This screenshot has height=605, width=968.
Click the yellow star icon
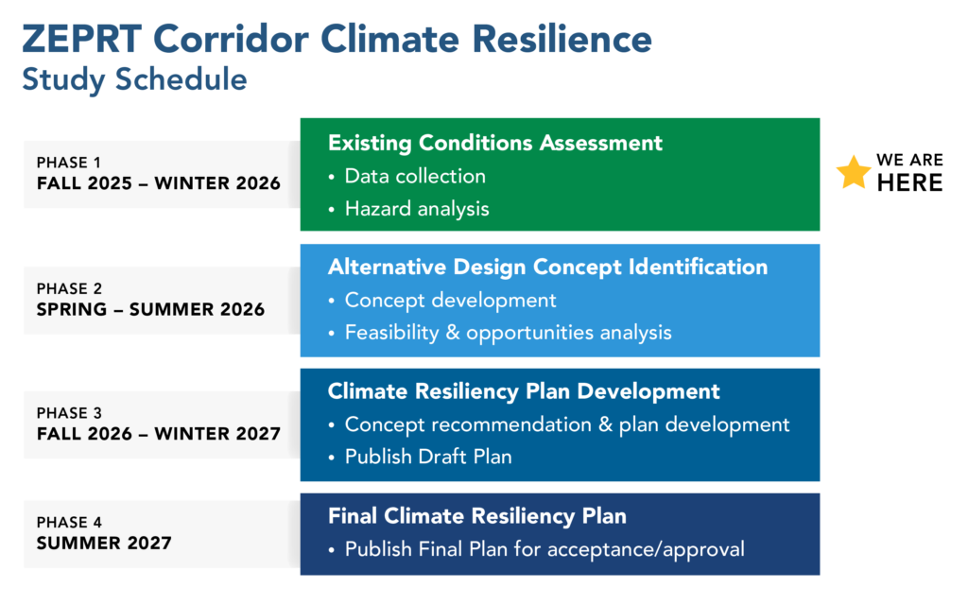click(854, 172)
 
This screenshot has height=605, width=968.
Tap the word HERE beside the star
click(910, 182)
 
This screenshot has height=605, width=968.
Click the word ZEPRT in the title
click(82, 39)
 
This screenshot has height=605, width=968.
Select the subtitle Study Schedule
click(134, 80)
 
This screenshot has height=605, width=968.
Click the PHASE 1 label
click(68, 163)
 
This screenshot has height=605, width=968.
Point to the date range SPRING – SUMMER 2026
click(150, 309)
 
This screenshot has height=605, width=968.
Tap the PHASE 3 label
click(69, 413)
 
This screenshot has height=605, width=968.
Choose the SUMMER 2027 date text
click(104, 544)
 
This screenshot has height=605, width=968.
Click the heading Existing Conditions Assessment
click(495, 144)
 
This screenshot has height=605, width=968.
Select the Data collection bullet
click(415, 177)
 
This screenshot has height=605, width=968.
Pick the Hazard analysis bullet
click(417, 209)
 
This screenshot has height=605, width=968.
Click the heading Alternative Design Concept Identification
click(547, 268)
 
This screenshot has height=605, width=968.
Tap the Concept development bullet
click(450, 301)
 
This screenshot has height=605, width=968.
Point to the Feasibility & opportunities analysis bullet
click(508, 333)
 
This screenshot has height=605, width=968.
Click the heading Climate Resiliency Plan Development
click(524, 392)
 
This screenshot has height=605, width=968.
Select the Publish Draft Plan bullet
click(428, 457)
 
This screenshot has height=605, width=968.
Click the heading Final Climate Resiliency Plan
click(477, 516)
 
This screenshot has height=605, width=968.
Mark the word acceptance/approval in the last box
click(646, 549)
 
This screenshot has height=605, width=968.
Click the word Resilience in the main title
click(562, 39)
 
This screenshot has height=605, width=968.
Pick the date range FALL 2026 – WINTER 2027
click(159, 434)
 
